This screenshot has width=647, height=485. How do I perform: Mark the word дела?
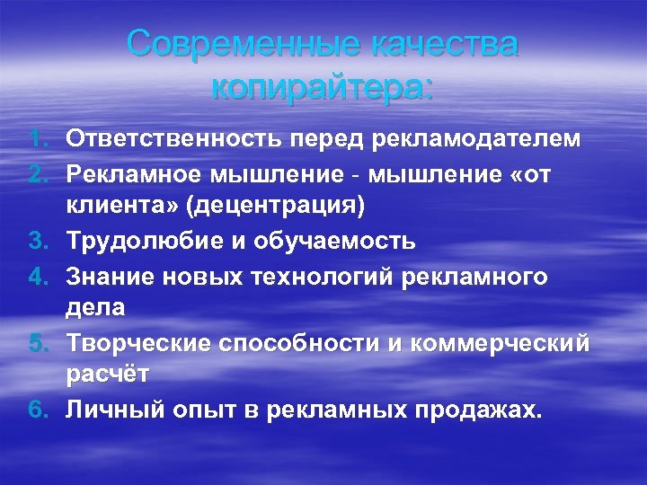(x=94, y=308)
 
